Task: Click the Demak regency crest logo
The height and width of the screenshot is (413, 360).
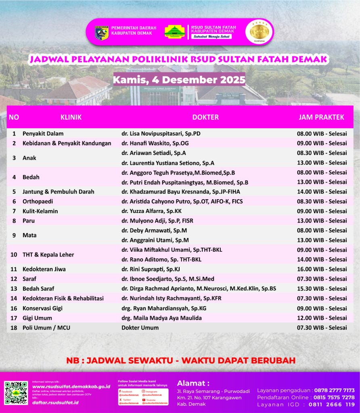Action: pyautogui.click(x=101, y=33)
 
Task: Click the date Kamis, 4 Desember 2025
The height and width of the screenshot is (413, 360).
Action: pyautogui.click(x=179, y=79)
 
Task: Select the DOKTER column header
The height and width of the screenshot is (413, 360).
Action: pyautogui.click(x=205, y=117)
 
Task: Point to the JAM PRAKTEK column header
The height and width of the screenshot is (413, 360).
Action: pyautogui.click(x=321, y=117)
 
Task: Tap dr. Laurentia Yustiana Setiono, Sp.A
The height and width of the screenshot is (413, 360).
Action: pyautogui.click(x=168, y=163)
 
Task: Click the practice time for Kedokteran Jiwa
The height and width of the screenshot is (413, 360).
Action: pyautogui.click(x=322, y=269)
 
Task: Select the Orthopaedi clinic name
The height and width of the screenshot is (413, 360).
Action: pyautogui.click(x=38, y=201)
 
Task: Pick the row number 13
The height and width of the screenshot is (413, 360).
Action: pyautogui.click(x=14, y=288)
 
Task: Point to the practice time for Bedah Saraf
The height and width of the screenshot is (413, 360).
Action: pyautogui.click(x=322, y=288)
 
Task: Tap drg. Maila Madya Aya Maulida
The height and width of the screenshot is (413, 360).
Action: pyautogui.click(x=161, y=318)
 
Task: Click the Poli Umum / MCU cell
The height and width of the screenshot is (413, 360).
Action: pyautogui.click(x=46, y=327)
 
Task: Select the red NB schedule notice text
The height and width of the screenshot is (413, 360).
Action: pyautogui.click(x=181, y=360)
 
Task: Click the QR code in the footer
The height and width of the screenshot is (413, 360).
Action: pyautogui.click(x=16, y=393)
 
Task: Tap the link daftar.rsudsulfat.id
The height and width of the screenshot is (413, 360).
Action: pyautogui.click(x=55, y=402)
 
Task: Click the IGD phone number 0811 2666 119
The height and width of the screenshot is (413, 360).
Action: pyautogui.click(x=332, y=405)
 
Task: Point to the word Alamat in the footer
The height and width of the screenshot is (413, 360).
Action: pyautogui.click(x=193, y=383)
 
